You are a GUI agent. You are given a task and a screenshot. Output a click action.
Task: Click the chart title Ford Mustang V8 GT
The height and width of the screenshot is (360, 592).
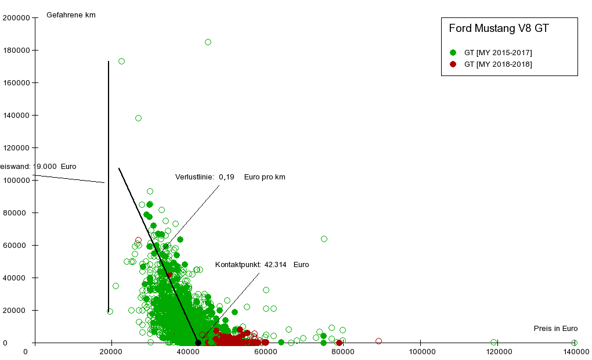tap(499, 28)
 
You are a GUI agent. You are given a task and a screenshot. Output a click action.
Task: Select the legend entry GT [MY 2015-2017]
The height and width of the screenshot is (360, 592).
tap(498, 53)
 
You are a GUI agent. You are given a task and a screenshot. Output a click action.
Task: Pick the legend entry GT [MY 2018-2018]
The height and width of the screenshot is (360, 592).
tap(498, 64)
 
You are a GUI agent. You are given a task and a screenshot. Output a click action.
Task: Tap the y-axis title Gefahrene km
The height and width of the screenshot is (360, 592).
tap(71, 15)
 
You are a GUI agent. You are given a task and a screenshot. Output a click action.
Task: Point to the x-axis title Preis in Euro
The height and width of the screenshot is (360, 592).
tap(556, 329)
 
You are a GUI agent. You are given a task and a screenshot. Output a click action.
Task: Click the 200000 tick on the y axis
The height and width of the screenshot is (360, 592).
tap(16, 17)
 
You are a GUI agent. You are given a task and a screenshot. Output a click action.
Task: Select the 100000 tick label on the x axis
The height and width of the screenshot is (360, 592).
tap(419, 352)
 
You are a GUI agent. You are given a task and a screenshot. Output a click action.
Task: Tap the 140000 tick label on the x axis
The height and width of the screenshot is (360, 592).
tap(574, 352)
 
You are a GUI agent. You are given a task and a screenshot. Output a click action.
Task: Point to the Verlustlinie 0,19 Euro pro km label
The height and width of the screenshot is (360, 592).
tap(230, 177)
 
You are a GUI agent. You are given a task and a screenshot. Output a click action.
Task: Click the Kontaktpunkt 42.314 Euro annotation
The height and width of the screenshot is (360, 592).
tap(262, 265)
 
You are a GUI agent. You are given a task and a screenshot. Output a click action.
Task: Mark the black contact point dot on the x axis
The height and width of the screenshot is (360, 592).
tap(198, 343)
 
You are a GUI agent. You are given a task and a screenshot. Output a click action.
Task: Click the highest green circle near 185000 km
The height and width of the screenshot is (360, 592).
tap(208, 42)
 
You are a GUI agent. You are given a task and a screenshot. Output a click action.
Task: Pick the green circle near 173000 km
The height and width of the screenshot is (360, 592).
tap(121, 61)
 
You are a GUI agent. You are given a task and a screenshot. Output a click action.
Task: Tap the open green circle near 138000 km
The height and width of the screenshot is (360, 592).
tap(138, 118)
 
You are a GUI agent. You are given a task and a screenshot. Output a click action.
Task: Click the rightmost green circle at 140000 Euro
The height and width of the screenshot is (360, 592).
tap(574, 343)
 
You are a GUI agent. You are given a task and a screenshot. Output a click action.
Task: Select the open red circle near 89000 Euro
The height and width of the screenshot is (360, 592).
tap(378, 341)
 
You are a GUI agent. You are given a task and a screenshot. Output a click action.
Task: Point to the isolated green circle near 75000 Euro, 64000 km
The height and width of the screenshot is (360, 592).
tap(324, 239)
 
